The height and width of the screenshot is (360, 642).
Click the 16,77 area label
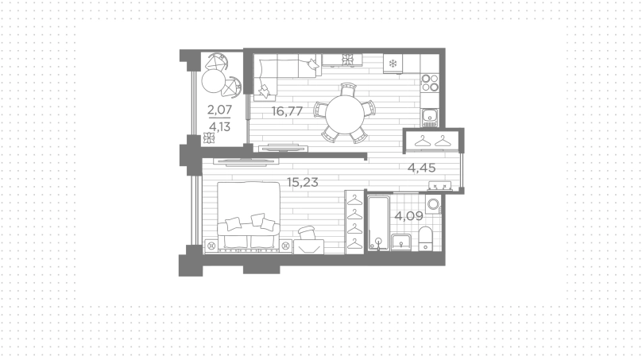click(x=287, y=111)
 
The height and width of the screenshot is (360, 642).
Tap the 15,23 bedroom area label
click(x=303, y=182)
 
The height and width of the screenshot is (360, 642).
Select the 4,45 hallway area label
click(x=421, y=168)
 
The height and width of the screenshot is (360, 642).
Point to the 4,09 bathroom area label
click(x=408, y=216)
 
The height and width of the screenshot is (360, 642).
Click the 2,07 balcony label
click(x=219, y=110)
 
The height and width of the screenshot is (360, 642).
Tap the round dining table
click(x=344, y=114)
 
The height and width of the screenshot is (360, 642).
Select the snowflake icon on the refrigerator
click(x=393, y=64)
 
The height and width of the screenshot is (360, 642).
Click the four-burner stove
click(x=431, y=83)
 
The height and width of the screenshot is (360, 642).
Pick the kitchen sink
click(x=430, y=117)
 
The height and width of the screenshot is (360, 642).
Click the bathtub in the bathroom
click(x=378, y=223)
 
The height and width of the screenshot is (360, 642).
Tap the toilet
click(x=426, y=238)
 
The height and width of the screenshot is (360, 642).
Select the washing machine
click(x=433, y=204)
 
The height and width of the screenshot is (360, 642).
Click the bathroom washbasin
click(x=402, y=242)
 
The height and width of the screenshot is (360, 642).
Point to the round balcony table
click(x=214, y=80)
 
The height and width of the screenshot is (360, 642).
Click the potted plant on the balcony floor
click(x=209, y=138)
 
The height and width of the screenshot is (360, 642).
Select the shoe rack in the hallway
click(x=439, y=186)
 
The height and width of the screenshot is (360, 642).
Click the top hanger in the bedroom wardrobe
click(x=354, y=200)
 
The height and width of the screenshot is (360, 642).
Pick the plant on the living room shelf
click(x=347, y=60)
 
